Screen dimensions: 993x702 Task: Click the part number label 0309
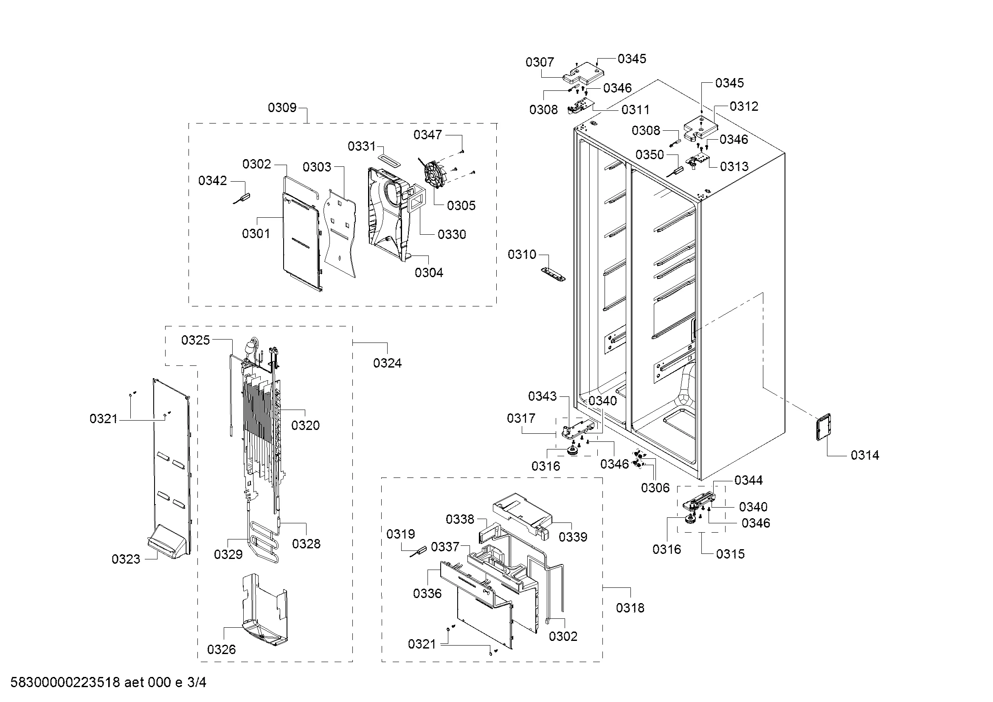282,107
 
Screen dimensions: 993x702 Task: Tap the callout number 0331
362,146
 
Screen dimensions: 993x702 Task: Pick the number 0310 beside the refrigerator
522,254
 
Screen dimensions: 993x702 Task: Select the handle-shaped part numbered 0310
553,274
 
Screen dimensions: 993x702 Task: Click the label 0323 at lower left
126,559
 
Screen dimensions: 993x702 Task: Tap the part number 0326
222,649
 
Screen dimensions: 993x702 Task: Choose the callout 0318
630,608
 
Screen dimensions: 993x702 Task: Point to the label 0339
573,537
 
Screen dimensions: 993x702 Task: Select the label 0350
650,154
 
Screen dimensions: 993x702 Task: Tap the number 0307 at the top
540,62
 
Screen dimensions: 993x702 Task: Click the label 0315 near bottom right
731,554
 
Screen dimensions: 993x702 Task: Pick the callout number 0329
228,554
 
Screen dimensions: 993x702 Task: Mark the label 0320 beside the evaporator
305,425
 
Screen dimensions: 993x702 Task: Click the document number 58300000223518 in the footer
65,682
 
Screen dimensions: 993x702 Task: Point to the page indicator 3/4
197,682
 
